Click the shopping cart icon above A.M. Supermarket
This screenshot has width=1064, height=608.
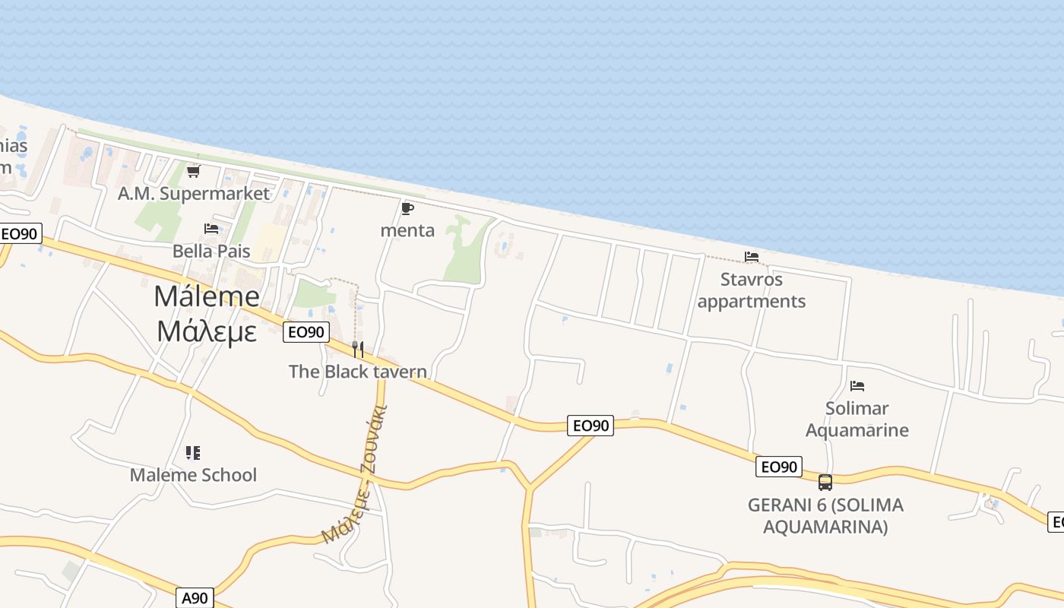(193, 172)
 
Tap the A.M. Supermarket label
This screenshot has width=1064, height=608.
(194, 194)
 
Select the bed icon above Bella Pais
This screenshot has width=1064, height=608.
(211, 228)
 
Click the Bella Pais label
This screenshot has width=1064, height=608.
(211, 251)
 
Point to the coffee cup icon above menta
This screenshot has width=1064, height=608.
(407, 208)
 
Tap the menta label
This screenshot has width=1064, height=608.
(407, 230)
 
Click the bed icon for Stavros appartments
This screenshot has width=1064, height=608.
(752, 257)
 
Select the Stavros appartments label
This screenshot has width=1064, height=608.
(752, 290)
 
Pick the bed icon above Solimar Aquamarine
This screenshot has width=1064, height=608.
(857, 386)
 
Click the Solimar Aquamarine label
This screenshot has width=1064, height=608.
(857, 420)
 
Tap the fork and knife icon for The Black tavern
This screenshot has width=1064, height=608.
(358, 350)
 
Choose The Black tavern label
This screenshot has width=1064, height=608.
(358, 372)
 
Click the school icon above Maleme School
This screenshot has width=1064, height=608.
(193, 453)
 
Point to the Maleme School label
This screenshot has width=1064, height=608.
(193, 475)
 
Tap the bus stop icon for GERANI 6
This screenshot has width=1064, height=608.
(825, 482)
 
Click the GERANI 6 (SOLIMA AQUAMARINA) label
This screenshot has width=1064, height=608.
(825, 516)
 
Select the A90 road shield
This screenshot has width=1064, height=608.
(195, 598)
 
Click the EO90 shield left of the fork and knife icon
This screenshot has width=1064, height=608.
(306, 332)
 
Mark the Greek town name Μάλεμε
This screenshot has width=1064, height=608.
(207, 331)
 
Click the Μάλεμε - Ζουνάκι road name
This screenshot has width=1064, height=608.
(356, 476)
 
